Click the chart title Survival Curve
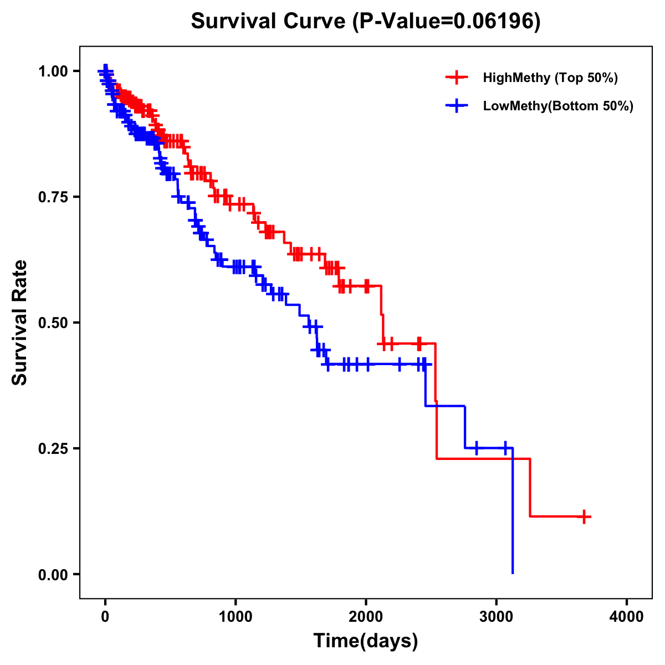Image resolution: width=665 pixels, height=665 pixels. point(269,21)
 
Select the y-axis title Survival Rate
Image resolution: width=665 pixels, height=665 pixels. point(20,323)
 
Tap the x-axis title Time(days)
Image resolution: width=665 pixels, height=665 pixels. point(366,641)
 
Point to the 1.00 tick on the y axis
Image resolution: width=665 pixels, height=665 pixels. point(53,71)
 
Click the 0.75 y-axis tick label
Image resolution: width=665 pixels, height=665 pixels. point(53,197)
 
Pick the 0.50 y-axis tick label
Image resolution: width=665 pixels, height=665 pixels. point(53,323)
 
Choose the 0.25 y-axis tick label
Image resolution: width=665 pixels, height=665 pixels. point(53,448)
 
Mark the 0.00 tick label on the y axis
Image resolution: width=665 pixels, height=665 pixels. point(53,574)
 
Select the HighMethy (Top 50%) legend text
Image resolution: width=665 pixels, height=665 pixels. point(550,78)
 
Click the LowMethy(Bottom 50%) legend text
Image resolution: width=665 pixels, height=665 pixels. point(558,106)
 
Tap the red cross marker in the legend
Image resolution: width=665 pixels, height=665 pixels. point(457,78)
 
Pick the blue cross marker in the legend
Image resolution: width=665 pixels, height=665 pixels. point(457,106)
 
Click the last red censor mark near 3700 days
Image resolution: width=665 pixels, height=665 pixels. point(584,516)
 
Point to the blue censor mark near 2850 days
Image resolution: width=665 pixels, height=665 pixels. point(476,448)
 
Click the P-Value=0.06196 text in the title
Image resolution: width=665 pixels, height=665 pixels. point(447,21)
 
